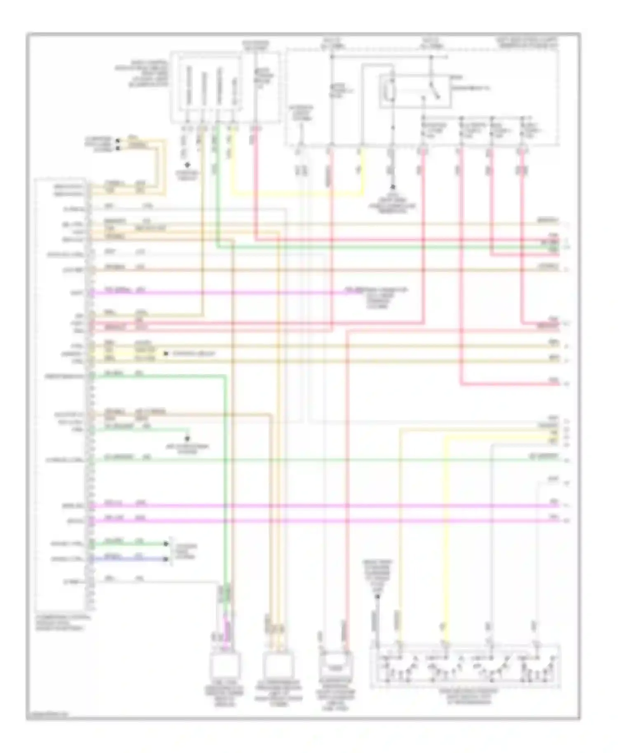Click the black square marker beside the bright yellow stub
166,353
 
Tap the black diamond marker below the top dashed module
187,165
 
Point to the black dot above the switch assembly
377,596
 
